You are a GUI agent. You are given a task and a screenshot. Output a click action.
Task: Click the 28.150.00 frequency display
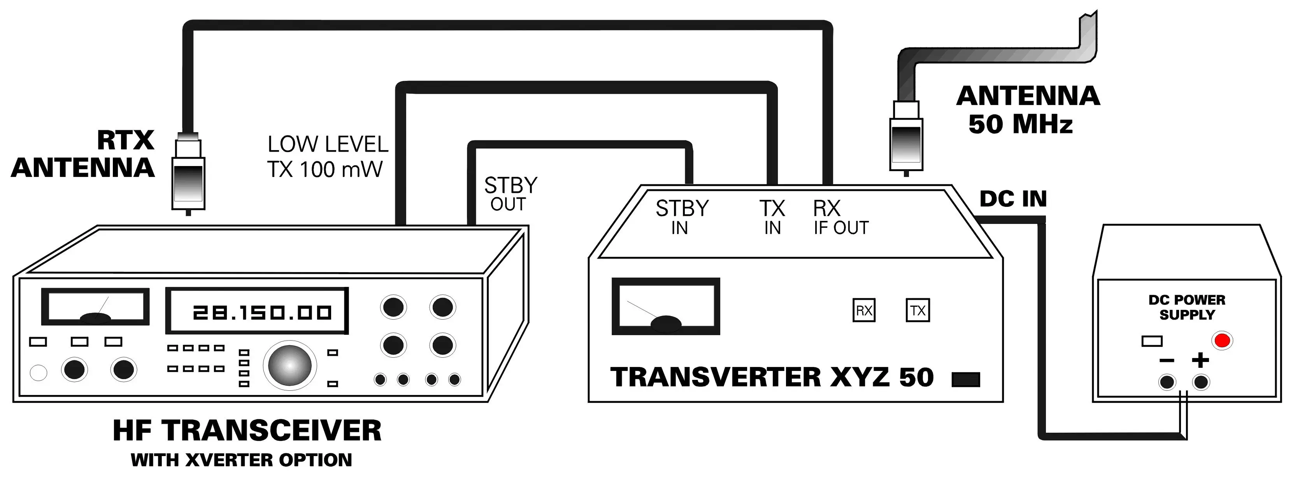click(x=257, y=311)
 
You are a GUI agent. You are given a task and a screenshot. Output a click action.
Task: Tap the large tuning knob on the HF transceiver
click(x=289, y=365)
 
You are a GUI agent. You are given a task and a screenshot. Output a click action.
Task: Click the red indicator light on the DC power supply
click(x=1222, y=341)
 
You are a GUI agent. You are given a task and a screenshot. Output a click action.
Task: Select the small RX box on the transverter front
click(x=864, y=311)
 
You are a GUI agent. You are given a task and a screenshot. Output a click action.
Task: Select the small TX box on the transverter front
click(x=918, y=311)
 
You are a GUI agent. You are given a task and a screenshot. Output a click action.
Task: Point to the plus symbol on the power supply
click(x=1200, y=360)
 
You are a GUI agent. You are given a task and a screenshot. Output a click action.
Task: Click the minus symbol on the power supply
click(x=1167, y=361)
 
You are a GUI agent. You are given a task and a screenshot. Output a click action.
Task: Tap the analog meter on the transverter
click(x=666, y=306)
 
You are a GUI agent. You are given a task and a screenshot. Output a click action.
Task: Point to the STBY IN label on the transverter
click(x=682, y=217)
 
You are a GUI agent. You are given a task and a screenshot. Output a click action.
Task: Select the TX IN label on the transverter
click(x=772, y=217)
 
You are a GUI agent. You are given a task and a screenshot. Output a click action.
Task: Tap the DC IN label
click(x=1013, y=199)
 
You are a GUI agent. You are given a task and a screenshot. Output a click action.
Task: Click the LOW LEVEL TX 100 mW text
click(x=327, y=156)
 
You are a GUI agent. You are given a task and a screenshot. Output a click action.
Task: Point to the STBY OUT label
click(x=510, y=194)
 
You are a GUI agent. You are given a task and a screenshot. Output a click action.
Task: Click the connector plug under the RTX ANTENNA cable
click(x=188, y=176)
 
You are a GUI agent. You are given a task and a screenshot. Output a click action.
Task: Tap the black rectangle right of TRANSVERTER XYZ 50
click(x=966, y=380)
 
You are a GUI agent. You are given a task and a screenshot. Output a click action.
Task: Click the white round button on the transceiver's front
click(x=39, y=373)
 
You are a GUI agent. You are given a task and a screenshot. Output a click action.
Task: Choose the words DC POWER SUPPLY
click(x=1187, y=307)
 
